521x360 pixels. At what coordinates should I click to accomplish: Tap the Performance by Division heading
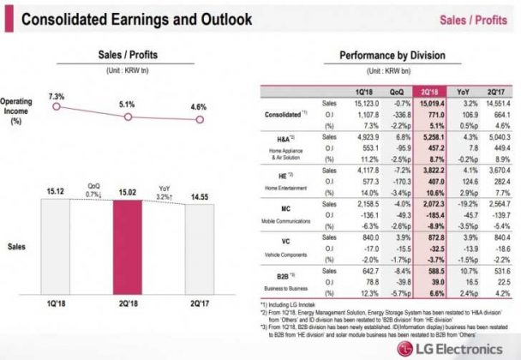[x=387, y=57]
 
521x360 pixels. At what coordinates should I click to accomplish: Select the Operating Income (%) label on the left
[x=16, y=110]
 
